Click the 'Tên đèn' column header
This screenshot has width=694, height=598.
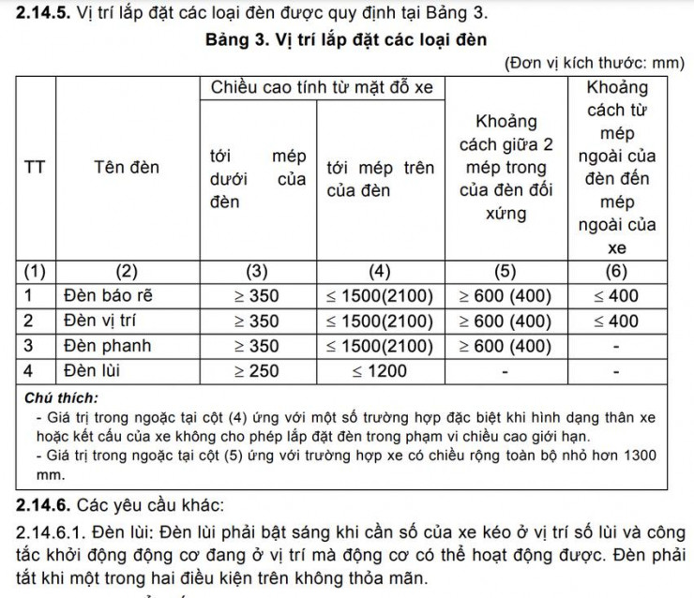(127, 168)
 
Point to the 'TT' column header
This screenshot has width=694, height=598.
(35, 168)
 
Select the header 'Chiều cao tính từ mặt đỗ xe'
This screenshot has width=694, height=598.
(322, 88)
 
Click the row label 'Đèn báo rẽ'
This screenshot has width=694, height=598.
(107, 296)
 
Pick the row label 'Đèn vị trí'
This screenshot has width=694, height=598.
(100, 321)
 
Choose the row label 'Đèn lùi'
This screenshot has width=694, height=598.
(91, 371)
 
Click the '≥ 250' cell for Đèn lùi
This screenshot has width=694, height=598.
(257, 371)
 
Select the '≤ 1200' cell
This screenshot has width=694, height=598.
(379, 371)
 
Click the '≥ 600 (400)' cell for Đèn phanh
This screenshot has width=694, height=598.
(505, 346)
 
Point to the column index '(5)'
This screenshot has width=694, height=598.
(505, 272)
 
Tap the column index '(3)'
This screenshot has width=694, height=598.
(256, 272)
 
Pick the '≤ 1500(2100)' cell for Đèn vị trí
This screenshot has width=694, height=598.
(379, 321)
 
